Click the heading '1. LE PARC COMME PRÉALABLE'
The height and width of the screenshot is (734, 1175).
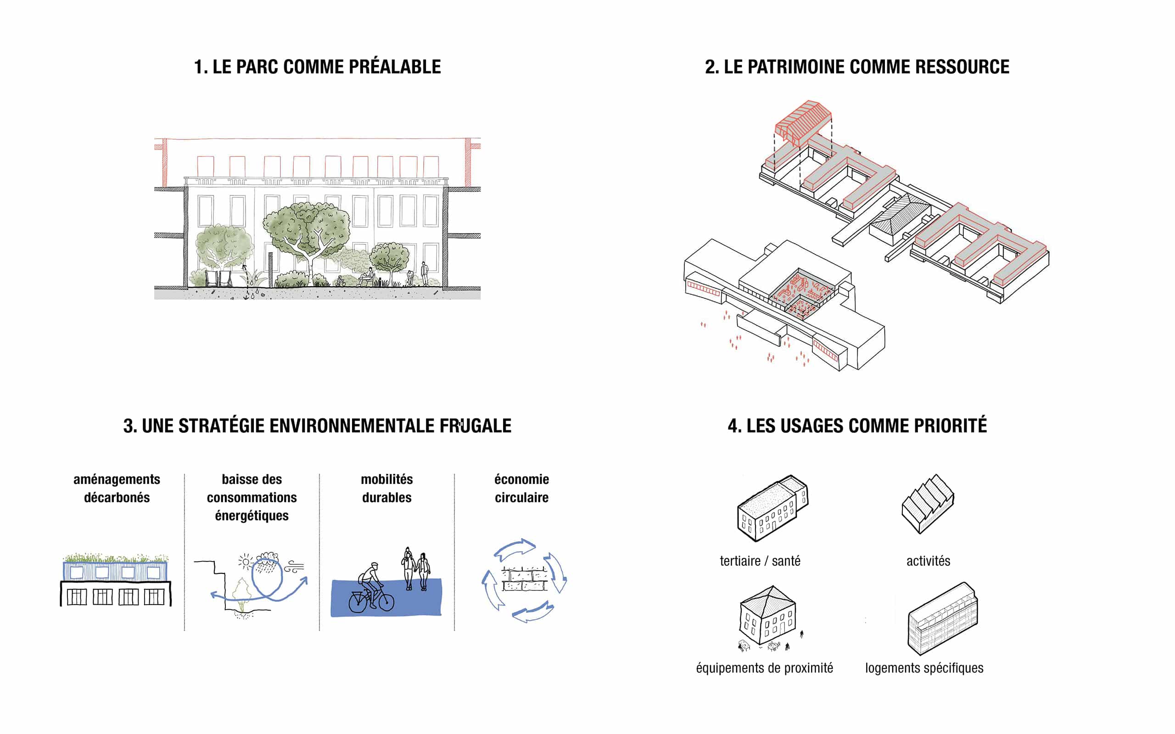pyautogui.click(x=317, y=67)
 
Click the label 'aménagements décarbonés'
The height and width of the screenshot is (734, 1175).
pyautogui.click(x=117, y=489)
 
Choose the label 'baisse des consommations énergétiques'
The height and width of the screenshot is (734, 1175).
pyautogui.click(x=252, y=497)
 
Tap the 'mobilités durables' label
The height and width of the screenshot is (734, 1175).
pyautogui.click(x=386, y=489)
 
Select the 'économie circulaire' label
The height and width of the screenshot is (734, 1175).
pyautogui.click(x=521, y=489)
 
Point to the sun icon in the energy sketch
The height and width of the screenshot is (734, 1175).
pyautogui.click(x=246, y=562)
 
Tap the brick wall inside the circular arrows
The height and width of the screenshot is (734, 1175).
pyautogui.click(x=524, y=579)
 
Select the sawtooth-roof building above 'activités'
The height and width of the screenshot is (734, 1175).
pyautogui.click(x=927, y=503)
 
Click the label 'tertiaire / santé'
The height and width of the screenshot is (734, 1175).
pyautogui.click(x=760, y=561)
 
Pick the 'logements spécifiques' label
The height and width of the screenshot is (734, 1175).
pyautogui.click(x=924, y=668)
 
